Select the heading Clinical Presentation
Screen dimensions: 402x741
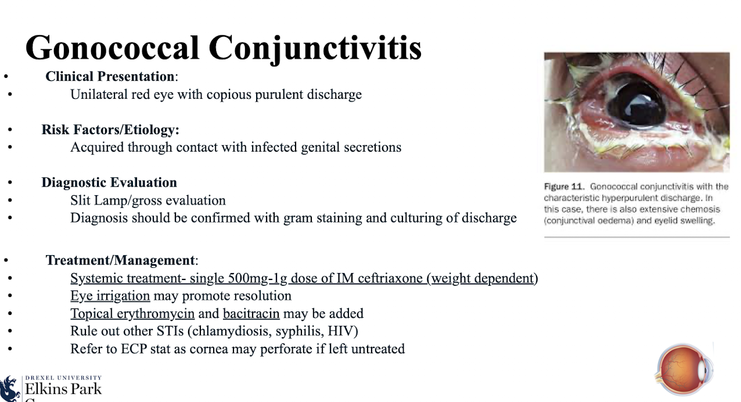click(110, 77)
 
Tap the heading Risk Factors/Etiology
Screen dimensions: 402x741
click(110, 130)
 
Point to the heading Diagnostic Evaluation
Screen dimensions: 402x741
click(109, 182)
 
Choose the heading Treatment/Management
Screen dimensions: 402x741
click(121, 260)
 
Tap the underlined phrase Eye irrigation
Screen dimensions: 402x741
click(110, 296)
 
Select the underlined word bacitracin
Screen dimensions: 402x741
click(251, 314)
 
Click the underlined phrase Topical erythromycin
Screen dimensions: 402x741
click(132, 314)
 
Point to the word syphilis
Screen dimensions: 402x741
click(304, 331)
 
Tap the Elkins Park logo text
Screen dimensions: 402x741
click(63, 389)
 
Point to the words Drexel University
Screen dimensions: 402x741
click(63, 378)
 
